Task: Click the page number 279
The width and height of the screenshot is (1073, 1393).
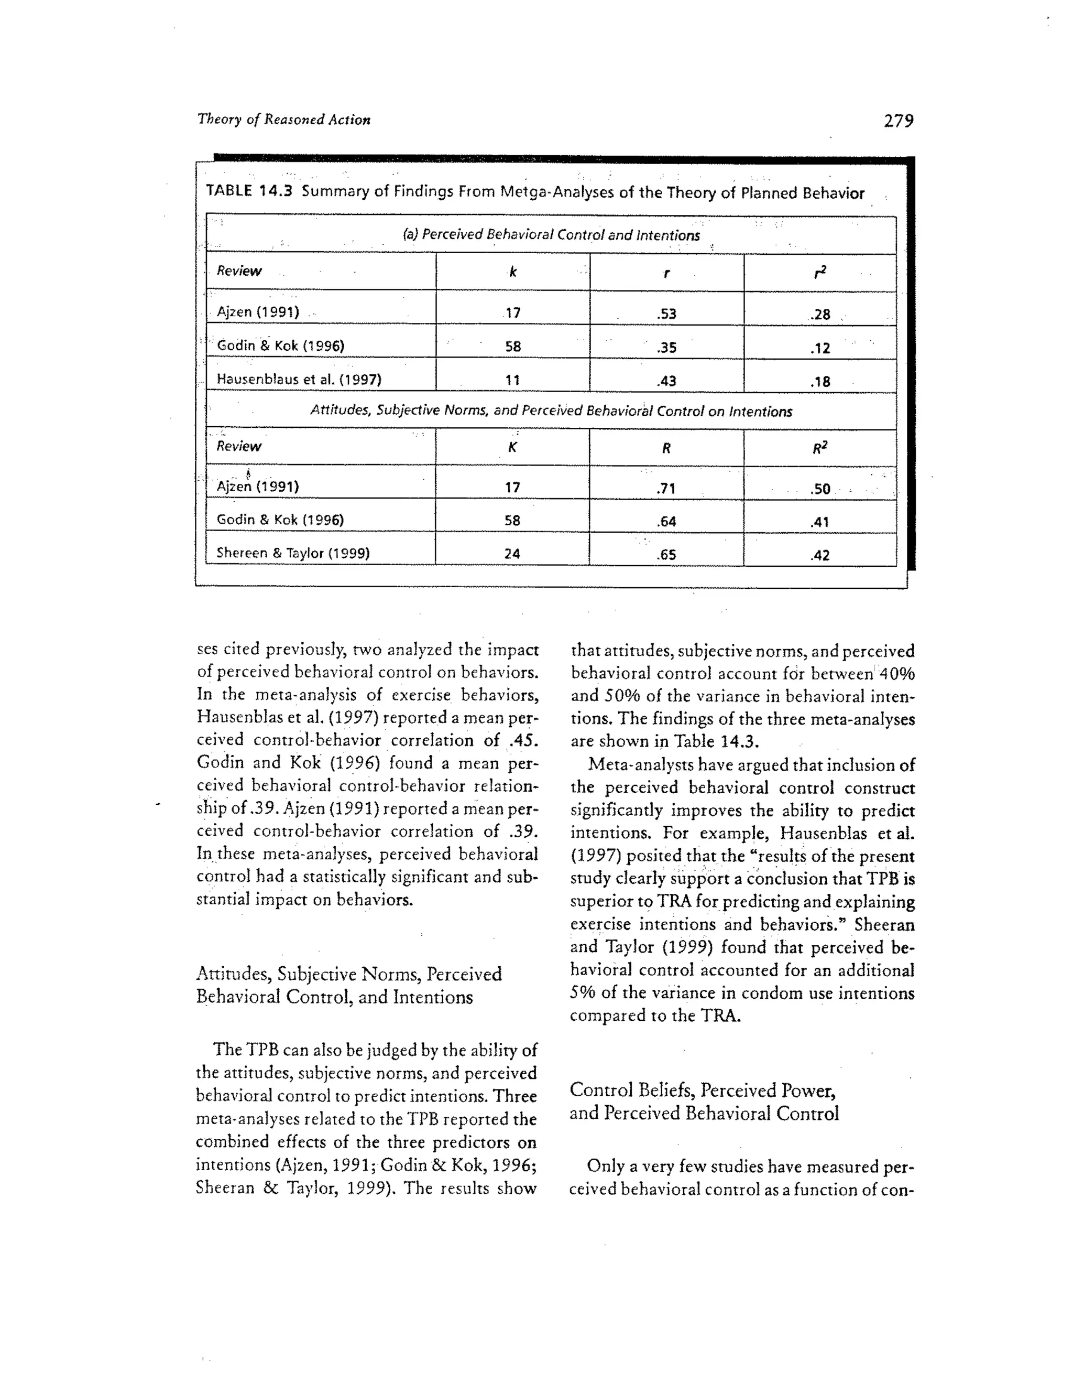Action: click(x=897, y=121)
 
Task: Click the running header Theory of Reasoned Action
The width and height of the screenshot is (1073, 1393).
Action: click(x=284, y=119)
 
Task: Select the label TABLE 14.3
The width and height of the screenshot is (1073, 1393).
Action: click(x=249, y=191)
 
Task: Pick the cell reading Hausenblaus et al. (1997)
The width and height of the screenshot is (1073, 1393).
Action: click(x=298, y=380)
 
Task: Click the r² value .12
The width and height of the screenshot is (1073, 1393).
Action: click(x=820, y=348)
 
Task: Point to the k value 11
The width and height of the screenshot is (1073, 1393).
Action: click(x=512, y=380)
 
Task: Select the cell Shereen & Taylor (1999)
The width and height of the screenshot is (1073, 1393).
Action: click(x=293, y=553)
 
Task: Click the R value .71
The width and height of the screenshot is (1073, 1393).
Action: click(x=666, y=489)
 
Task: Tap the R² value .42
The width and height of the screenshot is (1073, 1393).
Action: click(x=820, y=555)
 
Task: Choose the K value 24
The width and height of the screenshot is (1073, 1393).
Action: click(x=512, y=554)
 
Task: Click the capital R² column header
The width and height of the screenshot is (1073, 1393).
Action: click(x=820, y=448)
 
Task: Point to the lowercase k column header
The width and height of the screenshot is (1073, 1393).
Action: click(x=512, y=272)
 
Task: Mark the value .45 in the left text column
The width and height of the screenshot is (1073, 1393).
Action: click(x=523, y=740)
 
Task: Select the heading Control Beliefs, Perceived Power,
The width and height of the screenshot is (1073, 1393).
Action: click(x=703, y=1090)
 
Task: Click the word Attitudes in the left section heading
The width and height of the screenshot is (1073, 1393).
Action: click(x=233, y=974)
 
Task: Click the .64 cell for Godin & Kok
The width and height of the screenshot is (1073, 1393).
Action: click(x=666, y=522)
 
